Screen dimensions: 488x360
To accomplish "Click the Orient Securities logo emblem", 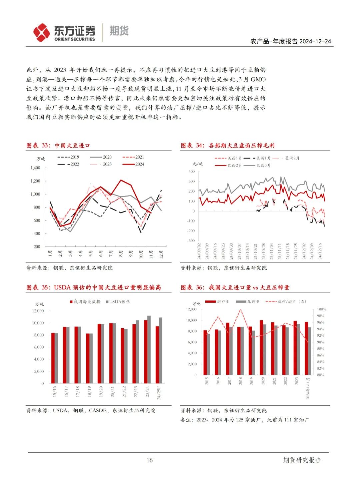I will pos(41,32).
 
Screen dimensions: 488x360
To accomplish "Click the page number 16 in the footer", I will pos(149,460).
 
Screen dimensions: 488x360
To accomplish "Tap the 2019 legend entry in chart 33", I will pos(68,157).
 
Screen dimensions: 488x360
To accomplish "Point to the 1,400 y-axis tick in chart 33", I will pos(35,168).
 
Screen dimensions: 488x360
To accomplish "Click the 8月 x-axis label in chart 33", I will pos(121,253).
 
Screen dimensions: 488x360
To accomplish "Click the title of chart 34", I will pos(228,146).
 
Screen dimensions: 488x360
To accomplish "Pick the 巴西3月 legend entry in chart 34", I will pos(257,165).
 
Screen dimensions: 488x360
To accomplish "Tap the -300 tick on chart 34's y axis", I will pos(191,241).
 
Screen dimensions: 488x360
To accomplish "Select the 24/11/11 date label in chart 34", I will pos(280,251).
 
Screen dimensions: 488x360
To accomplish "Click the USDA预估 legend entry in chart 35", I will pos(118,302).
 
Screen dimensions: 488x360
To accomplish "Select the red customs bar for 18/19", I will pos(88,358).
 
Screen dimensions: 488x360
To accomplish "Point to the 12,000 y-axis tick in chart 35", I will pos(38,311).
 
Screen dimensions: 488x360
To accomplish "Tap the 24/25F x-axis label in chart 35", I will pos(159,392).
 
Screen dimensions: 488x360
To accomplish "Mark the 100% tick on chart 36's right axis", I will pos(321,309).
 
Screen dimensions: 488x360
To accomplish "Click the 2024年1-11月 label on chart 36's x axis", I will pos(308,388).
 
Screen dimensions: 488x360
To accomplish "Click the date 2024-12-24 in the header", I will pos(315,41).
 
